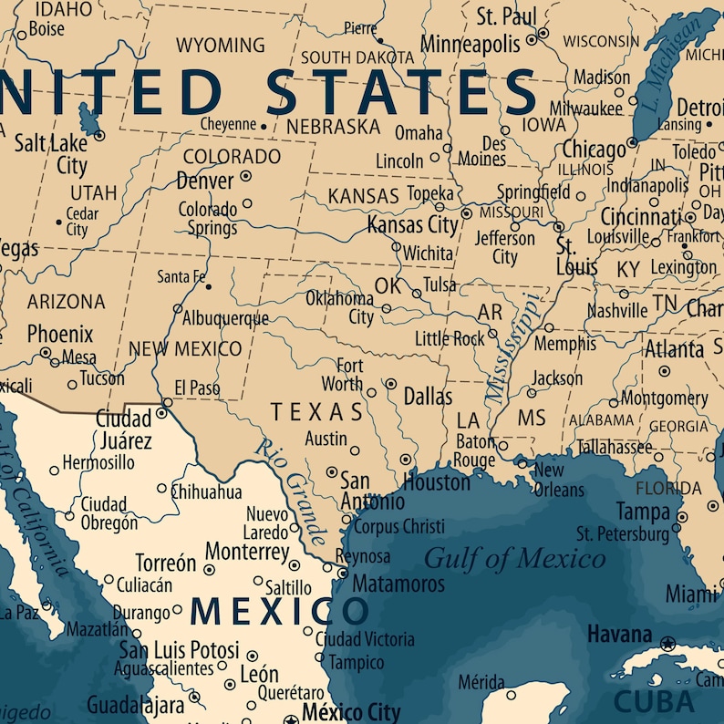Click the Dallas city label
[428, 397]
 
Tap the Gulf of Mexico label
[514, 557]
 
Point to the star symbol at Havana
[667, 644]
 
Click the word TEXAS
[316, 412]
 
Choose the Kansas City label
[412, 224]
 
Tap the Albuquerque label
[225, 318]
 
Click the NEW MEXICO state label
[185, 348]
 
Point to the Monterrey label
[247, 552]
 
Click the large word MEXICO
[280, 611]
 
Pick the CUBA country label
[654, 700]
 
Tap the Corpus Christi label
[398, 527]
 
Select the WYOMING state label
[220, 45]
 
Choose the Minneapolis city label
[470, 43]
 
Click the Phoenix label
[60, 334]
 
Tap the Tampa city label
[643, 511]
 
